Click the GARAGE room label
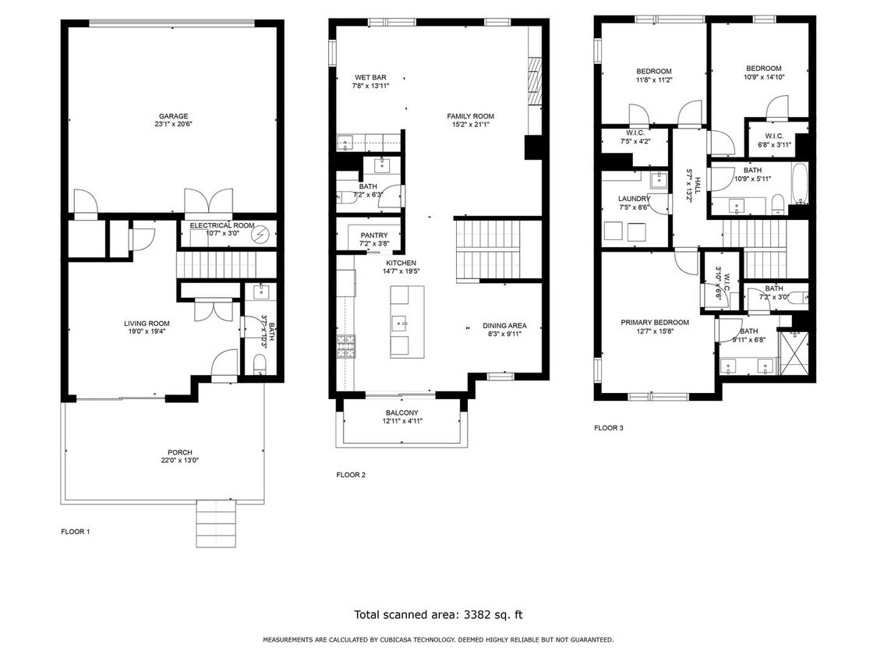[174, 116]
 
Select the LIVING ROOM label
[147, 324]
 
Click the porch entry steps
[214, 523]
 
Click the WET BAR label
[370, 77]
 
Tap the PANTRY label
[374, 235]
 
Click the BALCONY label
[401, 413]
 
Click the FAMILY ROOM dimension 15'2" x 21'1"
[470, 125]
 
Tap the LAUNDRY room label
[634, 199]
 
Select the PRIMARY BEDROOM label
[655, 323]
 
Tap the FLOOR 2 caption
[351, 475]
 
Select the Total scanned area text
[438, 614]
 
